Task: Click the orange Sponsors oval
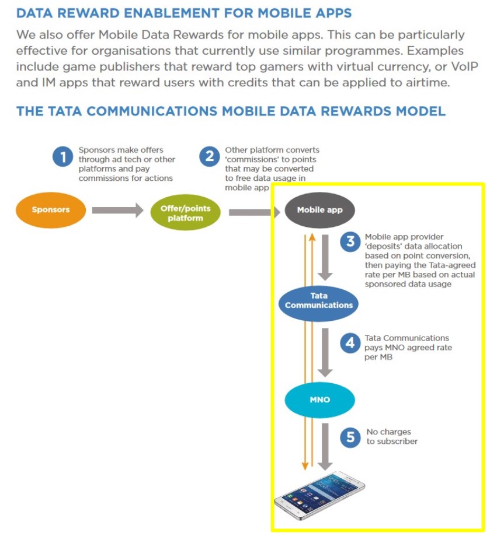point(51,210)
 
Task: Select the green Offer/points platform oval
point(186,212)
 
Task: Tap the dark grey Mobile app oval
point(319,210)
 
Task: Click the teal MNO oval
point(319,400)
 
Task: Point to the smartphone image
point(319,495)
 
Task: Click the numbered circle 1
point(62,156)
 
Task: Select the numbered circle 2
point(210,156)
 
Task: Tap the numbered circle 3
point(350,241)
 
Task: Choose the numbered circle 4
point(350,343)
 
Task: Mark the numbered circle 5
point(350,437)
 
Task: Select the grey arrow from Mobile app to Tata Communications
point(325,257)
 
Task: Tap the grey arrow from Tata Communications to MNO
point(325,352)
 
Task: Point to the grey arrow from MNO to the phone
point(325,446)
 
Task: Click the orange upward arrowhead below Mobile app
point(312,237)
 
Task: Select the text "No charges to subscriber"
point(392,436)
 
